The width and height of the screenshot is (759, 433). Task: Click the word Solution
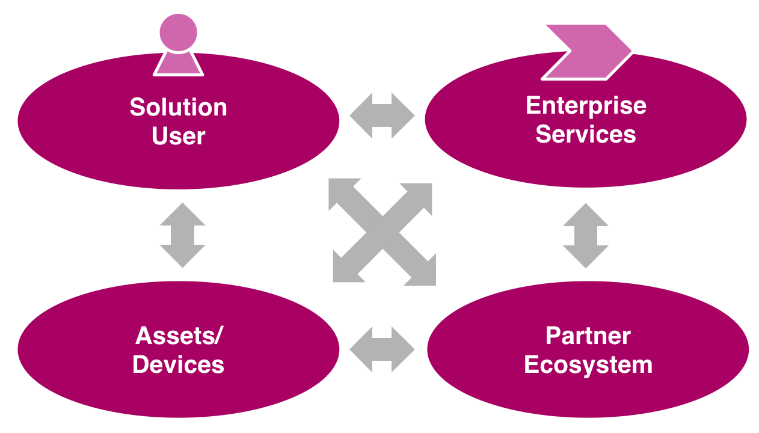point(179,108)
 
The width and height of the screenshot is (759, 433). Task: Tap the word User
point(179,137)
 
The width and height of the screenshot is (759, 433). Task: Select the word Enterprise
point(586,105)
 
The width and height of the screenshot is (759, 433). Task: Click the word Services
point(586,134)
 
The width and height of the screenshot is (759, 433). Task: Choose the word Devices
point(179,364)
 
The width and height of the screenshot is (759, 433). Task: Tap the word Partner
point(588,336)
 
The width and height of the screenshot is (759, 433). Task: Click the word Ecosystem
point(588,365)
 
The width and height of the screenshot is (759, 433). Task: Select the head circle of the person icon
point(179,32)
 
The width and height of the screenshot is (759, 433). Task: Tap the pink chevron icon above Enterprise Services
point(586,52)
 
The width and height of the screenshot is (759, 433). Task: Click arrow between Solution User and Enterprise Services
point(382,115)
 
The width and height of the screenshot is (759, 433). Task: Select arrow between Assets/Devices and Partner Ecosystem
point(382,349)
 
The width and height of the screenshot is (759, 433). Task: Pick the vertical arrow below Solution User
point(182,235)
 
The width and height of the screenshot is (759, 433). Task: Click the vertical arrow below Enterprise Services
point(585,235)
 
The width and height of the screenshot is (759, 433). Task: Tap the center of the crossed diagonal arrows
point(383,232)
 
